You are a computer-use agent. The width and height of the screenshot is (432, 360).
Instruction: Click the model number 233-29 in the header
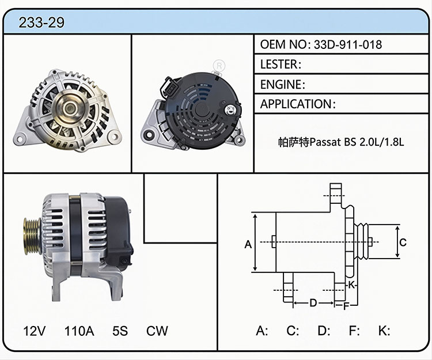click(x=41, y=22)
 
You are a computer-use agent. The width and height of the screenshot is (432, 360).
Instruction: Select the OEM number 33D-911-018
click(x=348, y=44)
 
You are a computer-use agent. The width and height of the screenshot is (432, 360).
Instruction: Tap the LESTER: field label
click(x=281, y=65)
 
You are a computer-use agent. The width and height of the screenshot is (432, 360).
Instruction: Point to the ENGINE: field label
click(x=283, y=84)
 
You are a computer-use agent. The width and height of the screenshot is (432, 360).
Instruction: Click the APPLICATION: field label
click(x=298, y=104)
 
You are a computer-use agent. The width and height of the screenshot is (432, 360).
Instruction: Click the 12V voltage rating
click(x=35, y=331)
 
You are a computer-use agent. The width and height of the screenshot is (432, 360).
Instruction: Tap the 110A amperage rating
click(x=79, y=331)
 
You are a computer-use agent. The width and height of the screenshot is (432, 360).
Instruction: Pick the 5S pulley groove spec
click(x=120, y=331)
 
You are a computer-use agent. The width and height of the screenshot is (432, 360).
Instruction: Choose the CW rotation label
click(x=157, y=331)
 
